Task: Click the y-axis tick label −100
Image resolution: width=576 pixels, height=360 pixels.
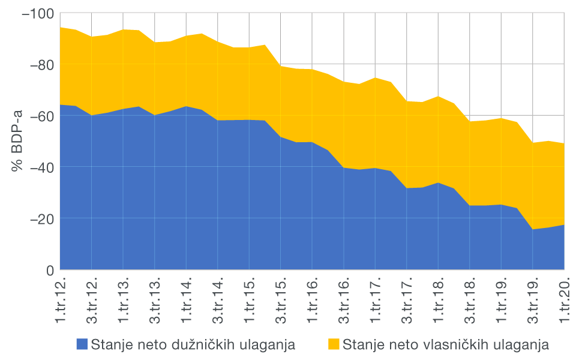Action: point(37,13)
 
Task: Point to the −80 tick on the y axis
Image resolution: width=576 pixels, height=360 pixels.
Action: point(40,64)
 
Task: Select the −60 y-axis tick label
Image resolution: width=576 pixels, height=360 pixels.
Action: point(40,116)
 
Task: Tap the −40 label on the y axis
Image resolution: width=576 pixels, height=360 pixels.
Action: point(40,167)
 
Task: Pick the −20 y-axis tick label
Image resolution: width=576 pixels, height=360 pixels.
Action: point(40,219)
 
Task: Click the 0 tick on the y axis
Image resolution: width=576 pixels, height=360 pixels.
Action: point(50,270)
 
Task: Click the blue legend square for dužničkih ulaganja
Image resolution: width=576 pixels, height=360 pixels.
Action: point(82,344)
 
